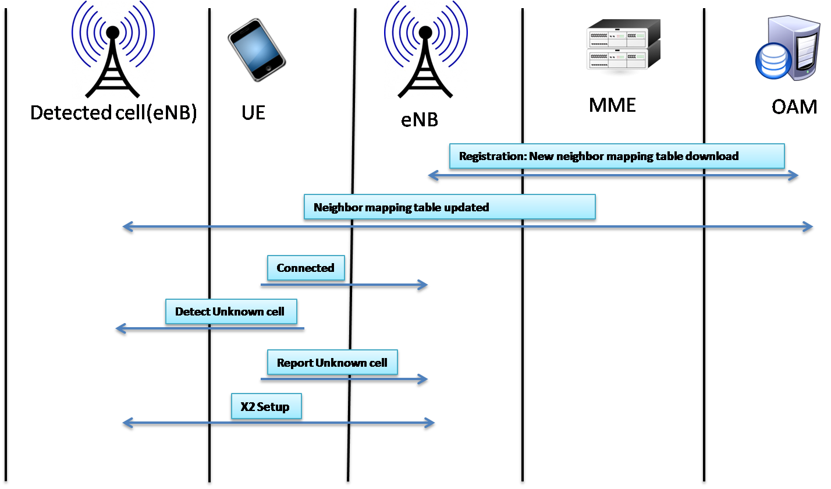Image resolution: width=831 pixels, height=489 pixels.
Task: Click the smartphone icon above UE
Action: click(x=256, y=49)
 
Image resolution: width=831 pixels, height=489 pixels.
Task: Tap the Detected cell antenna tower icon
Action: click(x=113, y=49)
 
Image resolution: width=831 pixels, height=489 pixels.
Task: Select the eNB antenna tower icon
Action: click(x=425, y=49)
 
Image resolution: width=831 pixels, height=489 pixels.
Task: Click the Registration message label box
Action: click(x=617, y=156)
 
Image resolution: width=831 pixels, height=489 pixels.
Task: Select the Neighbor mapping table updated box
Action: click(x=449, y=207)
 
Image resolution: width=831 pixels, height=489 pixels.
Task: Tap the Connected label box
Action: click(x=306, y=268)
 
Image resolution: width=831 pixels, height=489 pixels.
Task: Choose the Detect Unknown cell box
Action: click(x=231, y=311)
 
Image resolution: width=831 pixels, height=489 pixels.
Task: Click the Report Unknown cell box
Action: click(x=332, y=363)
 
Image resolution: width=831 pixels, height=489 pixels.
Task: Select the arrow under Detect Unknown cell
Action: click(x=209, y=329)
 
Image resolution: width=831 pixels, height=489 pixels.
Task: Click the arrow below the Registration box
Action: click(x=613, y=175)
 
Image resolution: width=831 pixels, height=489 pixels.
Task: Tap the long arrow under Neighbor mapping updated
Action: click(x=467, y=226)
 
